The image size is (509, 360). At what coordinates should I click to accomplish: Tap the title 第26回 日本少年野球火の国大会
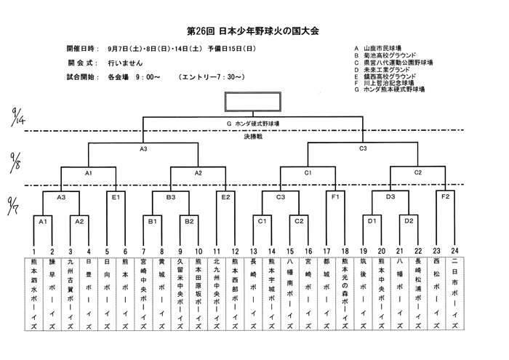click(254, 31)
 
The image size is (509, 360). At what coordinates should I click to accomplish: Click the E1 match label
click(116, 196)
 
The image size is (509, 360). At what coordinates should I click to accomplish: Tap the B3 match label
click(172, 196)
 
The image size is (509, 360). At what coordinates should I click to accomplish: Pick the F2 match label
click(446, 196)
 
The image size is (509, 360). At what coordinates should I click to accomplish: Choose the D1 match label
click(372, 220)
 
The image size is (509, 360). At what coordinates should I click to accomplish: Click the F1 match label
click(336, 196)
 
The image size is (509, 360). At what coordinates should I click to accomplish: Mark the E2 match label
click(226, 196)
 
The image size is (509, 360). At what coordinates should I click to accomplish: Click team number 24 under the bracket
click(455, 251)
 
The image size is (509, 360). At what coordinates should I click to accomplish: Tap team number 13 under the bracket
click(253, 251)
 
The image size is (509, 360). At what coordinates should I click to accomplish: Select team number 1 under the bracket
click(33, 251)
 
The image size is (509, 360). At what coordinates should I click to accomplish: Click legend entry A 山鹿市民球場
click(382, 45)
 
